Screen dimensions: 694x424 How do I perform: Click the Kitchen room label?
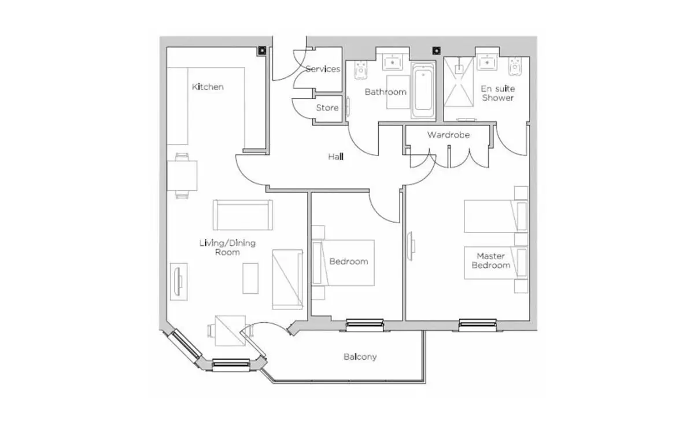pos(208,87)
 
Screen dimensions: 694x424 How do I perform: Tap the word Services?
pos(323,69)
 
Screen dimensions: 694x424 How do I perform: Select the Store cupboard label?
pos(327,108)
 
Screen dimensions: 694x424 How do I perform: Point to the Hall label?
pos(336,157)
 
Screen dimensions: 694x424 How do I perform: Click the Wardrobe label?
pos(448,135)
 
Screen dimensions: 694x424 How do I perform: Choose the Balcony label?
pos(360,357)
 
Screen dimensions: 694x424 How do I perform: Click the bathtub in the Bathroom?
pos(423,90)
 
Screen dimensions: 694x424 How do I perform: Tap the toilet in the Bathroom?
pos(361,70)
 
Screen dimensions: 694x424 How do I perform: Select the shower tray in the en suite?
pos(459,82)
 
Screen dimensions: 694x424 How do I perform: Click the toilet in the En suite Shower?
pos(515,66)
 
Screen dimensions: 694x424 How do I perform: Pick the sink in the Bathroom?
pos(393,62)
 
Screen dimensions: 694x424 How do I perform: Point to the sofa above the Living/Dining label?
pos(243,215)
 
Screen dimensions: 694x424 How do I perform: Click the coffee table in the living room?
pos(250,278)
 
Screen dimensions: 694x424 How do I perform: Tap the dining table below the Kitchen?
pos(182,175)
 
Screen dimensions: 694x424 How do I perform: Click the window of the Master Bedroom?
pos(478,325)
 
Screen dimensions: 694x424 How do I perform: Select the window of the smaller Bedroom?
pos(365,325)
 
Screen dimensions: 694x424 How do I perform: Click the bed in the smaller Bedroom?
pos(343,263)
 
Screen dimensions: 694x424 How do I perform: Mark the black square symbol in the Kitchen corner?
pos(262,50)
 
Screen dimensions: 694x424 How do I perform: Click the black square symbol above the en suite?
pos(437,50)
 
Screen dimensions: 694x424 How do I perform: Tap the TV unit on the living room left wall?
pos(179,282)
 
